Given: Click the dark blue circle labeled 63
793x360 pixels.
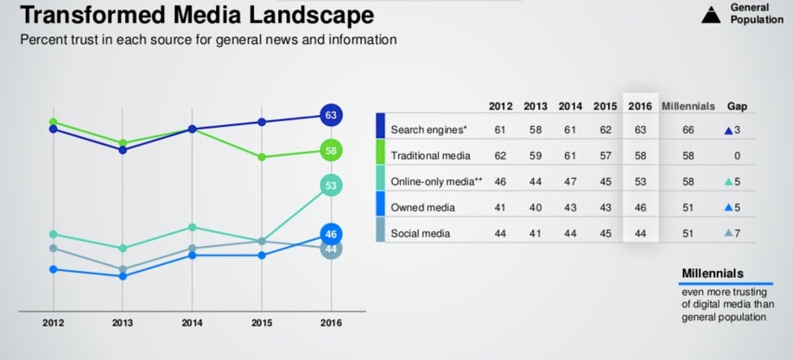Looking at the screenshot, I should coord(330,115).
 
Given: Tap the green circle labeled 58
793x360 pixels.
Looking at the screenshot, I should coord(330,150).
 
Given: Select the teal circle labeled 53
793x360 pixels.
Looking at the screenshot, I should coord(330,185).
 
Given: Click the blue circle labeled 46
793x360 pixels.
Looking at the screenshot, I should coord(330,234).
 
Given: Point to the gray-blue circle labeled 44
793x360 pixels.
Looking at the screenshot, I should coord(330,249).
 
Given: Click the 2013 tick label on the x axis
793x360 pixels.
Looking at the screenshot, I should coord(123,324).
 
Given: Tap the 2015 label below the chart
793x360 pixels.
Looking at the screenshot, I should coord(261,324).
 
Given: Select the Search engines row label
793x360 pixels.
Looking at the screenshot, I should coord(428,129).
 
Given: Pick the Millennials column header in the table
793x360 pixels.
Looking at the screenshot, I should coord(688,106).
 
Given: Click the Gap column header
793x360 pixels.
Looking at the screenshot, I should coord(737,106).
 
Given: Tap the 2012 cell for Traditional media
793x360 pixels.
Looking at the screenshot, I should coord(500,155).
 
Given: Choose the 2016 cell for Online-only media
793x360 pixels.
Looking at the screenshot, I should coord(639,181).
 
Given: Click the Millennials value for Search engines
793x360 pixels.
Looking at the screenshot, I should coord(688,129).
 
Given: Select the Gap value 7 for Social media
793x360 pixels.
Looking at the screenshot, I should coord(737,233).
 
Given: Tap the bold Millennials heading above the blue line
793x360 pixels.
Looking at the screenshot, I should coord(713,273).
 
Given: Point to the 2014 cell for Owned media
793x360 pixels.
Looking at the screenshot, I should coord(569,207).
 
